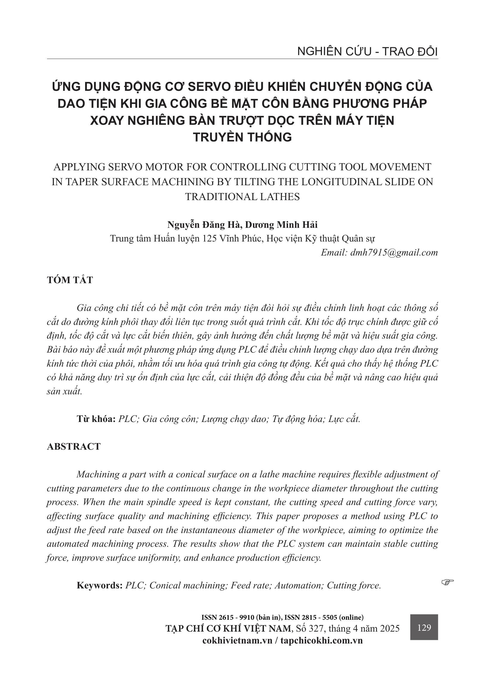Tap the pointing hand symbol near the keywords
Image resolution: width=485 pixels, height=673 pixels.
(x=448, y=581)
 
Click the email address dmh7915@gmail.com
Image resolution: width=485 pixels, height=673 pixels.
(x=394, y=253)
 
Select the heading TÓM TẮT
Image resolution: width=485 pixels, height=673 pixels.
(x=70, y=280)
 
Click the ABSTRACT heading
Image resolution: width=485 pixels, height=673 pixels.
(x=74, y=446)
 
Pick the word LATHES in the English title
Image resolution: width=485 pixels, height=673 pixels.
(x=278, y=197)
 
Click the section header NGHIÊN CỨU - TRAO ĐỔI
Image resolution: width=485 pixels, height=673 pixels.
(x=367, y=52)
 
